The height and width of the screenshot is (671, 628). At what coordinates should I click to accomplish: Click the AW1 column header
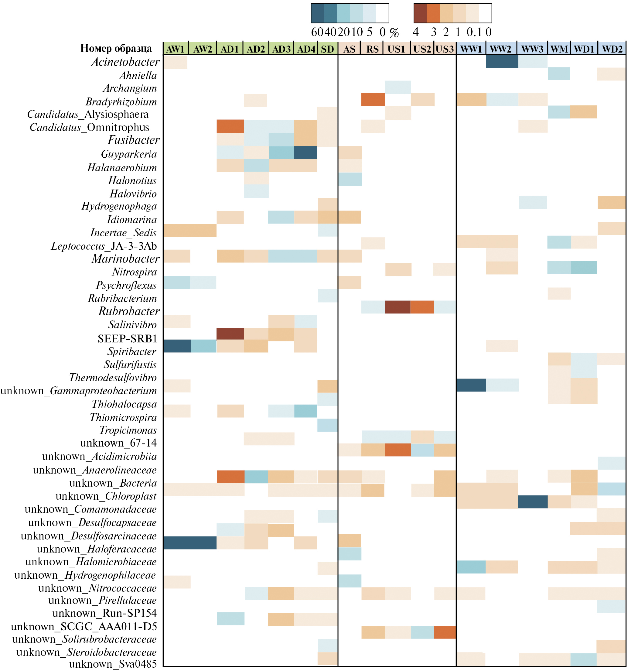coord(176,49)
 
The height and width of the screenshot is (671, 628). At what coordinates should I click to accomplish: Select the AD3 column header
coord(282,49)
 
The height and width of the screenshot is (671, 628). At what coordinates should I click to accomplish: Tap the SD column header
coord(327,49)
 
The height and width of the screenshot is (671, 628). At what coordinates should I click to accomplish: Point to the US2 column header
coord(422,49)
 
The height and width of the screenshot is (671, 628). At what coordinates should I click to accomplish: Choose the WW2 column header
coord(501,49)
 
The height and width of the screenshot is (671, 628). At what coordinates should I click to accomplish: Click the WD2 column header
coord(612,49)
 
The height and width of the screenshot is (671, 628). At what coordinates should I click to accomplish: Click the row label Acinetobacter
coord(125,62)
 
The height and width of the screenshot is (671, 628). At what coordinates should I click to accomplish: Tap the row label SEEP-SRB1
coord(128,339)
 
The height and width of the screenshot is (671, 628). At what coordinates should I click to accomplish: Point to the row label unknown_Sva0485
coord(113,664)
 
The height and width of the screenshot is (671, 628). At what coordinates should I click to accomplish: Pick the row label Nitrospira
coord(134,272)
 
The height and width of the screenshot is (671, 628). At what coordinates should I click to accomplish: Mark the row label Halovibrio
coord(133,194)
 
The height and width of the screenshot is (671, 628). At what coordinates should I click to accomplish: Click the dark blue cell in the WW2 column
coord(502,61)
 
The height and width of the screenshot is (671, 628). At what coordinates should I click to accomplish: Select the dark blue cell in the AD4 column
coord(305,152)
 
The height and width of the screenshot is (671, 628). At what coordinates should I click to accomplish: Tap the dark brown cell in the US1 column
coord(398,307)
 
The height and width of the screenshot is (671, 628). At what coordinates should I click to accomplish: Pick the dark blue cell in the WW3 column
coord(533,502)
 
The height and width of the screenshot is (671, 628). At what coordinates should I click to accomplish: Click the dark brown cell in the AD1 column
coord(230,334)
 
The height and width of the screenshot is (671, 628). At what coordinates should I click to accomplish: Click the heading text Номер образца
coord(116,49)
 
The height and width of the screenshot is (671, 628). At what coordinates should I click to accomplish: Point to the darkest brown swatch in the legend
coord(420,13)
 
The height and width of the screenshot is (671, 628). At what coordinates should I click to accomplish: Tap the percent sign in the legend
coord(394,33)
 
